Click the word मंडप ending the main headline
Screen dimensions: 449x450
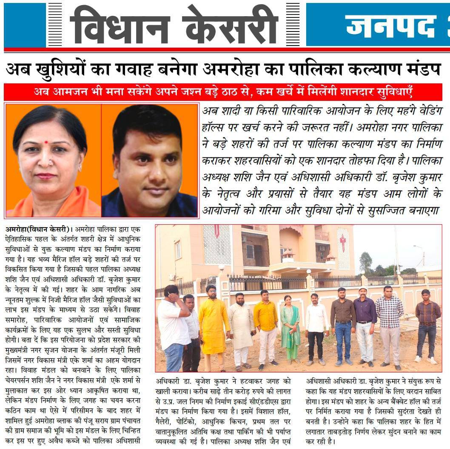pyautogui.click(x=424, y=69)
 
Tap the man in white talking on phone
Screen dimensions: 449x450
pyautogui.click(x=174, y=323)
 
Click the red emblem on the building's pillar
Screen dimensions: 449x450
pyautogui.click(x=343, y=242)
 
